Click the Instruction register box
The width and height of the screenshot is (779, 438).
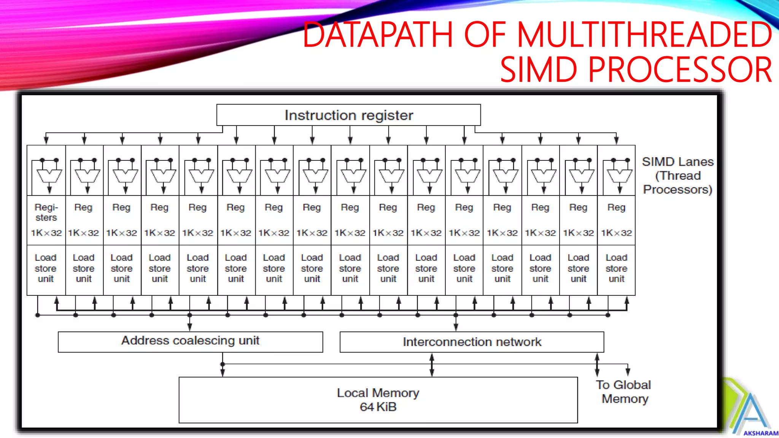[x=348, y=115]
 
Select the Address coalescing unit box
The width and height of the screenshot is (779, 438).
[x=190, y=341]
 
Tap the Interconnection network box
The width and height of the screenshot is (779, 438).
[x=472, y=342]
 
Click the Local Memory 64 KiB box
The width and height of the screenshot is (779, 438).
[x=378, y=400]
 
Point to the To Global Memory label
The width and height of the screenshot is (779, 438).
[x=624, y=392]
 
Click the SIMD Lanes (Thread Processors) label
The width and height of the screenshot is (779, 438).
[x=677, y=175]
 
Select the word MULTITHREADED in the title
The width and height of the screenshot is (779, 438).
[x=644, y=35]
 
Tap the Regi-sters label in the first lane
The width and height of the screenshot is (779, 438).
[x=46, y=212]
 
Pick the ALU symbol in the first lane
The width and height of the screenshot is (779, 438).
[x=49, y=176]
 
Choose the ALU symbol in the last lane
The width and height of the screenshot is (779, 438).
[x=620, y=176]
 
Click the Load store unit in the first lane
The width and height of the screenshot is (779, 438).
[x=46, y=268]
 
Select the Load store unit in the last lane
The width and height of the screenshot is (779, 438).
[x=616, y=268]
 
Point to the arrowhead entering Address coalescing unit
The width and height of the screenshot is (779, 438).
[x=190, y=327]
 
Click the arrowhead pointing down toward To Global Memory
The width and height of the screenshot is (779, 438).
[x=628, y=371]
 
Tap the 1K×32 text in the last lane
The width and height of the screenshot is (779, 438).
[x=616, y=233]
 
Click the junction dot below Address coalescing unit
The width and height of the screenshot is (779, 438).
[x=223, y=364]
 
